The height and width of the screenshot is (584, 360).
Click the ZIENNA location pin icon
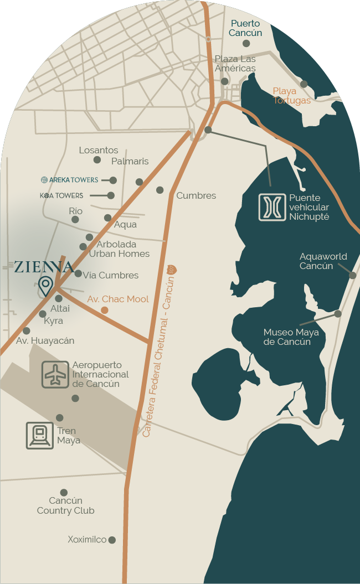[x=45, y=286]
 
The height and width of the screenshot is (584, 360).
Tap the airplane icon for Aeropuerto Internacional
[x=55, y=375]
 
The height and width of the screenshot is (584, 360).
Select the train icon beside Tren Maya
[x=40, y=435]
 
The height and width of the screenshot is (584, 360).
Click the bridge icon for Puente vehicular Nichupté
[x=272, y=207]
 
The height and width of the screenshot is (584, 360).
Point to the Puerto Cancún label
[x=246, y=28]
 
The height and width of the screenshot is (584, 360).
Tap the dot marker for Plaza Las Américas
[x=224, y=81]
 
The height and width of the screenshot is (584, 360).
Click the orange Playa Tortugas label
[x=291, y=95]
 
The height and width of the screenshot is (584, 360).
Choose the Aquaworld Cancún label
[x=323, y=261]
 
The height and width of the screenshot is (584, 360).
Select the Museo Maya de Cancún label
[x=287, y=337]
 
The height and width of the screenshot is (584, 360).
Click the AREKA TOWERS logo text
[x=70, y=180]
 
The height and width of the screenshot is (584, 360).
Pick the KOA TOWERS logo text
[x=61, y=195]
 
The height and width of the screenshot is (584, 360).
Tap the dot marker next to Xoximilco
[x=112, y=540]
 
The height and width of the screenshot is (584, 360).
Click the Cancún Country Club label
[x=65, y=505]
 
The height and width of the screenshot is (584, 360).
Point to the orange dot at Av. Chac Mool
[x=104, y=310]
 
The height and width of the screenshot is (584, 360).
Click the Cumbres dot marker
[x=160, y=190]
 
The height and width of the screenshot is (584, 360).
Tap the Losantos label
[x=99, y=150]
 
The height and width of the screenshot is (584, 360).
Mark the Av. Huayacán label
[x=45, y=341]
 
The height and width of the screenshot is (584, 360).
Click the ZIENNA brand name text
[x=44, y=267]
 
